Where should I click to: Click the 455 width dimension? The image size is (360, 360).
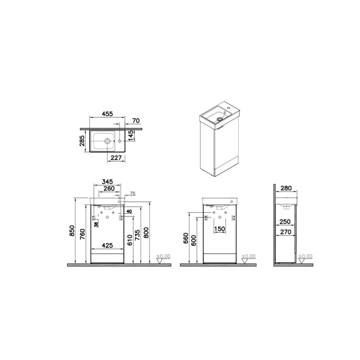point(107,114)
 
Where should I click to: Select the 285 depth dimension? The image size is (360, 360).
point(81,142)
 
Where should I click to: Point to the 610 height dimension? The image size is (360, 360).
point(129,239)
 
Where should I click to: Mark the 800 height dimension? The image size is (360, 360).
point(147,232)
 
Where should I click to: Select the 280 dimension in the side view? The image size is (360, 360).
point(287,189)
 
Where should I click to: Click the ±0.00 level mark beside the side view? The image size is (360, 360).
point(305,256)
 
